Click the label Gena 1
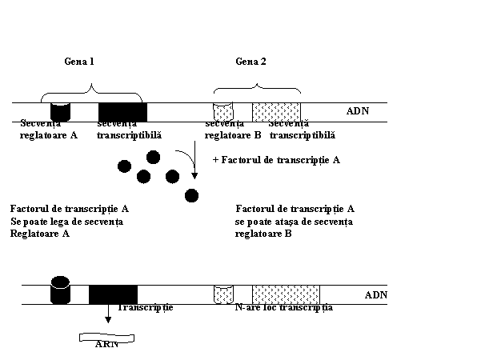coord(79,62)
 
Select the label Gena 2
coord(251,62)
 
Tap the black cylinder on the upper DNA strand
coord(60,112)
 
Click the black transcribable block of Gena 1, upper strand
coord(122,111)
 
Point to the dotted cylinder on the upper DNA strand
coord(222,111)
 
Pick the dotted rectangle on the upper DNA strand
coord(276,111)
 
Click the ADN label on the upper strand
coord(357,110)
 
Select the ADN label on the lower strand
coord(375,294)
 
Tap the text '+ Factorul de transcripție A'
coord(276,160)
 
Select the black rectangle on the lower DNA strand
coord(113,294)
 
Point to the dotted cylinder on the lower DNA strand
coord(223,294)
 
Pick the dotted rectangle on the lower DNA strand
coord(286,294)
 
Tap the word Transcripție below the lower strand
coord(145,307)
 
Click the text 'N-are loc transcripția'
coord(284,307)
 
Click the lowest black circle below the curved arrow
coord(192,196)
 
